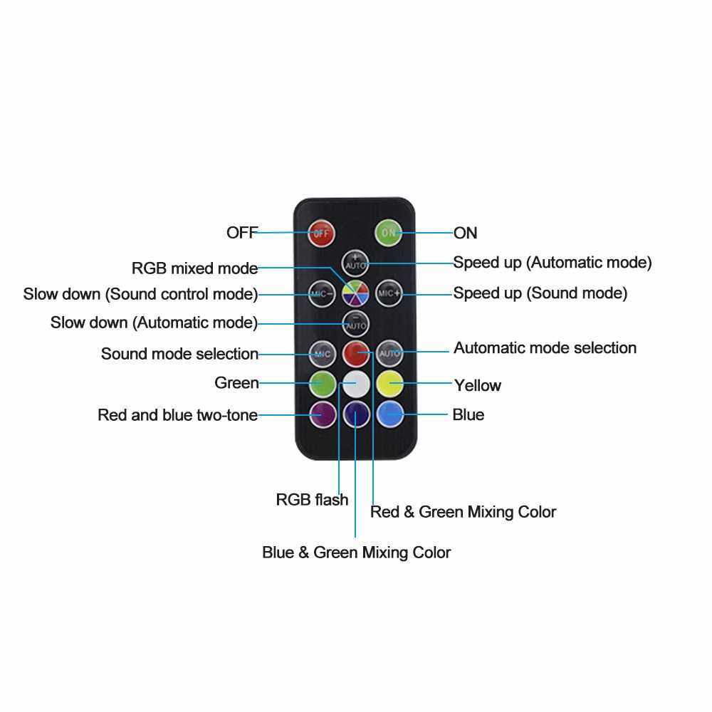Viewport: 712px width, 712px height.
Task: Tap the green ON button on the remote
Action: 389,232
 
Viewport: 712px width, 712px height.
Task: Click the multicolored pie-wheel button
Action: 355,293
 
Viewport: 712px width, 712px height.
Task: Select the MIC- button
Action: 322,293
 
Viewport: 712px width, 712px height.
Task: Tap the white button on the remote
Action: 355,383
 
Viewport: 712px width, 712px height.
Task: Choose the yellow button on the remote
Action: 389,383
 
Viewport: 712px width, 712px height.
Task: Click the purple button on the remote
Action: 322,413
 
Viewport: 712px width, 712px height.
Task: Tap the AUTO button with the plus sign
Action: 355,262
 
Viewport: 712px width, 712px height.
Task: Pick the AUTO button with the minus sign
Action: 355,323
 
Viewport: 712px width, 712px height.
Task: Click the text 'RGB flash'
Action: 312,499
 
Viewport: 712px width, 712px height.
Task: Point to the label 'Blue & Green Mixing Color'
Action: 356,552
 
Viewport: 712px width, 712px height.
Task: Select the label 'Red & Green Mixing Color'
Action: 463,511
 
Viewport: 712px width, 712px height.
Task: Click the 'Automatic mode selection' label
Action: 545,348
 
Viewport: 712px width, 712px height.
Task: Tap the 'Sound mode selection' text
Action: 179,354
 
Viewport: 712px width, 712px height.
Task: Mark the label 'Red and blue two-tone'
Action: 177,414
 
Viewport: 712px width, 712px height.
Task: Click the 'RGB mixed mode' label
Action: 194,268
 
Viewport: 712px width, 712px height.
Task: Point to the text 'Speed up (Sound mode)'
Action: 540,293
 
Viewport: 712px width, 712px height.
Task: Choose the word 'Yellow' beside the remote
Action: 477,385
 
